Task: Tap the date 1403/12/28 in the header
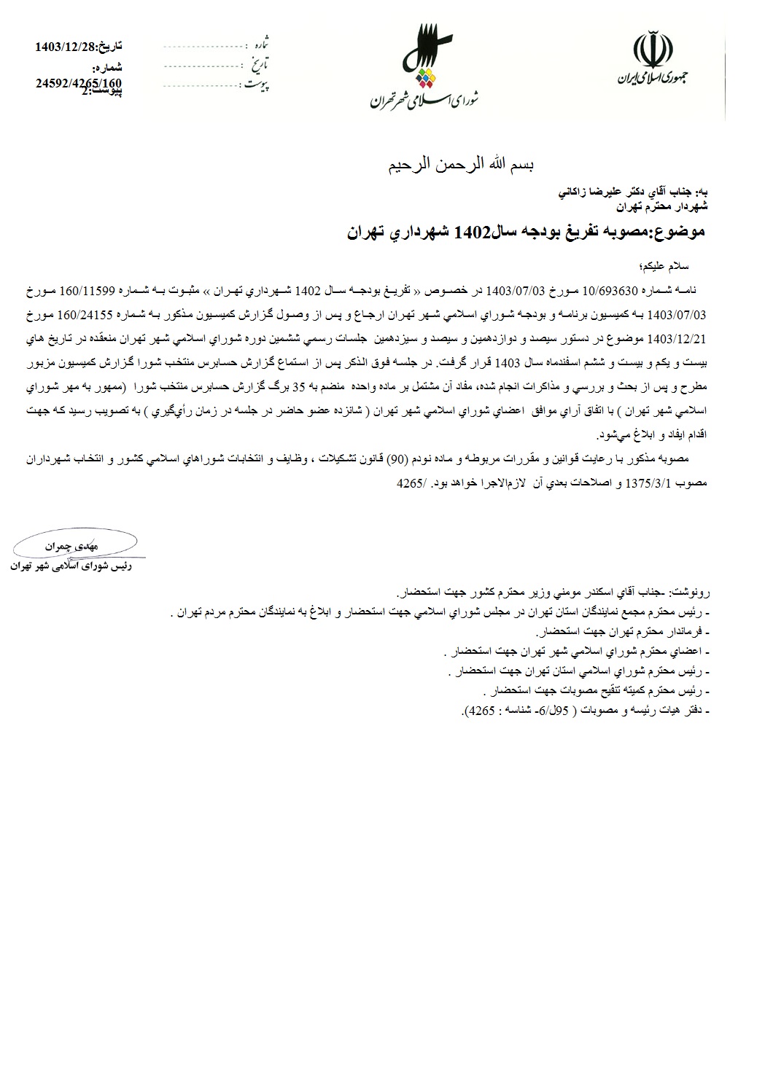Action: (64, 47)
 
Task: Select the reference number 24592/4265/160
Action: (78, 82)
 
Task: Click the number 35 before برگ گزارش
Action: (298, 387)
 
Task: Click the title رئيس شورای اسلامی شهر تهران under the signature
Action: (76, 564)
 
